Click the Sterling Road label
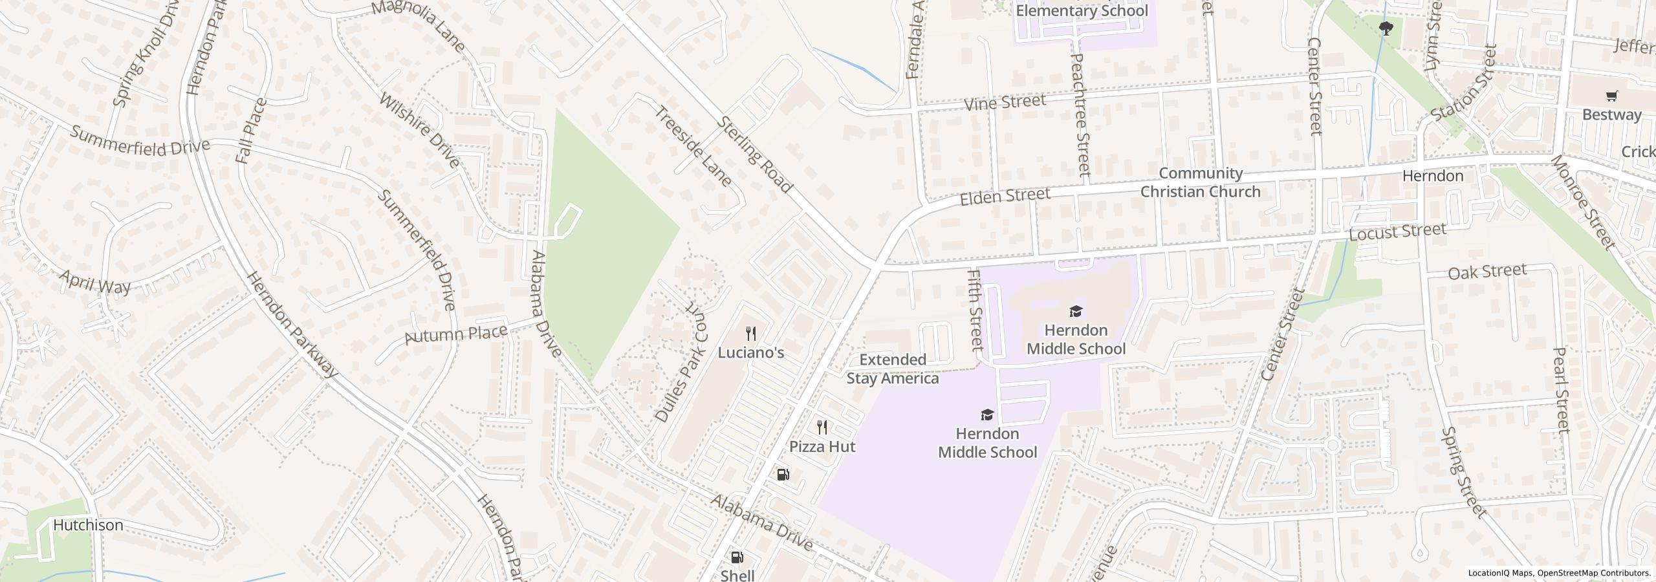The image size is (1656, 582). (x=754, y=155)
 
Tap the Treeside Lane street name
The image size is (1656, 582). (x=693, y=147)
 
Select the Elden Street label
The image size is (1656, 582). (x=1005, y=196)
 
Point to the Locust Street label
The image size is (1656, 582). (x=1397, y=232)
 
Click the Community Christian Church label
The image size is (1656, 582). (x=1200, y=182)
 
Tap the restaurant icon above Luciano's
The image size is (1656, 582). (x=751, y=334)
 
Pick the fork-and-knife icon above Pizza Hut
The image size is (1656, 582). (x=822, y=427)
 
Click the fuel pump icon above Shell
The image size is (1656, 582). (x=737, y=557)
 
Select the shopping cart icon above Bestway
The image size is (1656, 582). (x=1611, y=96)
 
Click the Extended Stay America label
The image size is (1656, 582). (x=893, y=369)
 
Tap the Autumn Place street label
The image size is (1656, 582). (x=455, y=334)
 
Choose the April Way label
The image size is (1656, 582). (x=95, y=282)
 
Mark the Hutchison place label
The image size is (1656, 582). (x=88, y=525)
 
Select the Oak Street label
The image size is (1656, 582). (x=1487, y=272)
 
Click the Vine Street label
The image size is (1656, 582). (x=1005, y=103)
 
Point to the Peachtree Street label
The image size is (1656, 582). (x=1080, y=115)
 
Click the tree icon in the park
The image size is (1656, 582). (x=1386, y=28)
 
